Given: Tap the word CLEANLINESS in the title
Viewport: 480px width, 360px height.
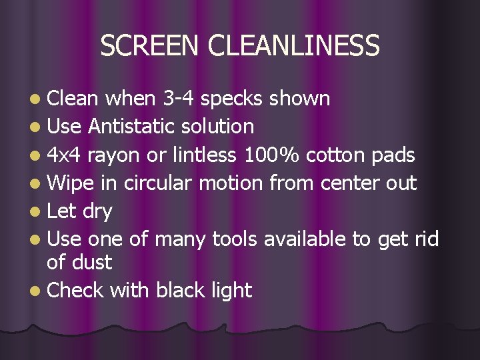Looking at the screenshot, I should pos(294,45).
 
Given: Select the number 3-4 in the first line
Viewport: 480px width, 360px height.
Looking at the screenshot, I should pos(178,99).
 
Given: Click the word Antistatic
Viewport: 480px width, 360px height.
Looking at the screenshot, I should pos(131,126).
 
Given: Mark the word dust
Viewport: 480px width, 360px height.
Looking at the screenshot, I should pos(91,262).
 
